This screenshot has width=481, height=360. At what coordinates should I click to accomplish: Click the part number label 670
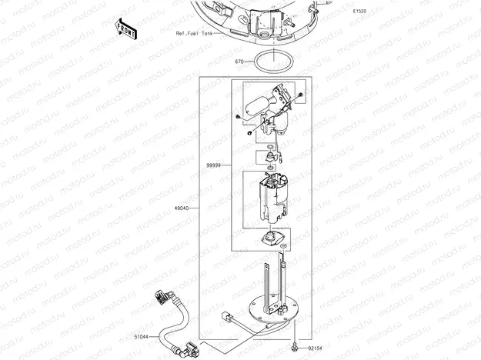coord(239,62)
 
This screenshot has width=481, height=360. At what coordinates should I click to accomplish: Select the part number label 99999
coord(213,165)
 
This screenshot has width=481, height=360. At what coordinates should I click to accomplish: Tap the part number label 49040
coord(182,208)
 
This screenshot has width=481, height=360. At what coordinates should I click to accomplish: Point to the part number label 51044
coord(141,337)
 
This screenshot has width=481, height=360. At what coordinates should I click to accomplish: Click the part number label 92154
coord(315,348)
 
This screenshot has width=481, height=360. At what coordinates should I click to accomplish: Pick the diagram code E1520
coord(359,12)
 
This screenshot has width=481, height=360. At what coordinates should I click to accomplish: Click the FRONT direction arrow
coord(125,28)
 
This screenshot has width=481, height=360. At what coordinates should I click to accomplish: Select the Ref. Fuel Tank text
coord(194,33)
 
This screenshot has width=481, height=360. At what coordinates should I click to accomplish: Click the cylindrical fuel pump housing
coord(273,198)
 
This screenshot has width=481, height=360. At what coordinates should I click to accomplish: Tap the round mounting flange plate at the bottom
coord(274,309)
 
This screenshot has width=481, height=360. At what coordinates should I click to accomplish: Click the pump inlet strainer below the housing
coord(274,238)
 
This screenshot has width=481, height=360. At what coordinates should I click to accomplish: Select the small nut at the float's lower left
coord(238,116)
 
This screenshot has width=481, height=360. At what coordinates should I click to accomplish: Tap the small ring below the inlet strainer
coord(284,246)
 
